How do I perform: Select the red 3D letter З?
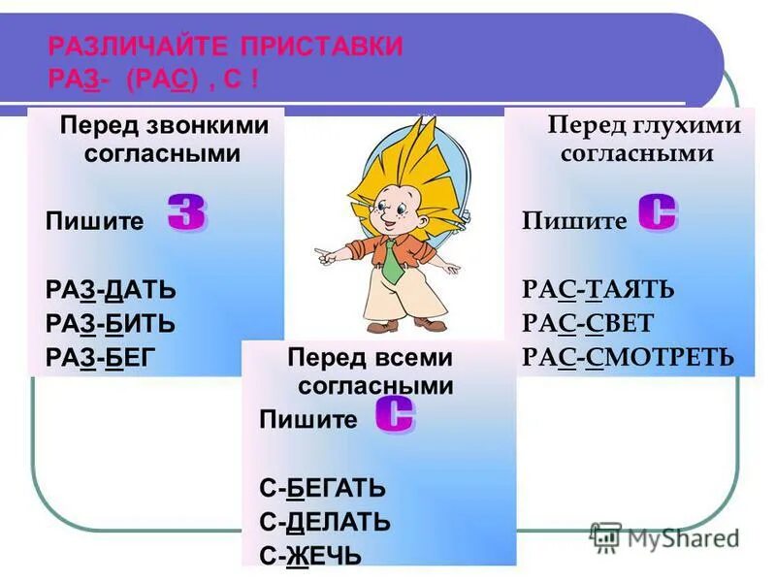pos(186,212)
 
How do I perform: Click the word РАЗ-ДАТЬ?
pos(112,289)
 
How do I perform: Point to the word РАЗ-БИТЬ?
pos(110,323)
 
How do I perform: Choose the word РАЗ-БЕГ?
pos(101,358)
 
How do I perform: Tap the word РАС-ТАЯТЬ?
pos(598,289)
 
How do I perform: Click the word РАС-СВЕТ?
pos(588,323)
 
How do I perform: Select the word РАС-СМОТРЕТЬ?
pos(628,358)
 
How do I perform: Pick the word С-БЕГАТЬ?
pos(323,488)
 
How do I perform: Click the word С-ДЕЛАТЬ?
pos(325,522)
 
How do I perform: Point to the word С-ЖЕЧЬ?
pos(310,556)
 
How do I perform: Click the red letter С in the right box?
pos(658,212)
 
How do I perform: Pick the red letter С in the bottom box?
pos(395,415)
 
